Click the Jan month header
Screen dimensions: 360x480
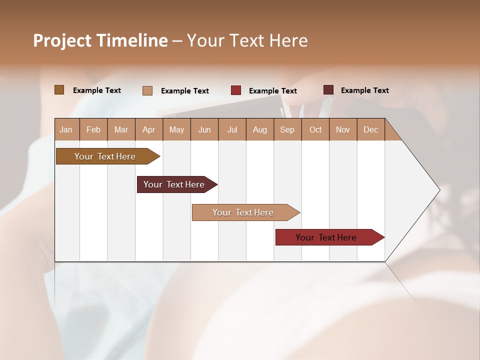coord(66,129)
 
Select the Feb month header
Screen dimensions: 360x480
coord(93,129)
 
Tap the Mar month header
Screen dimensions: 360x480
coord(121,129)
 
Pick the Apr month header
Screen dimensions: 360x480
coord(148,129)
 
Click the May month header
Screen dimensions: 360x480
coord(176,129)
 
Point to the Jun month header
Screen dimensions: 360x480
coord(204,129)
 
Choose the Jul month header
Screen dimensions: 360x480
coord(232,129)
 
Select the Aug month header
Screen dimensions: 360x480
coord(260,129)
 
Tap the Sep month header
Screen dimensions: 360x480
coord(287,129)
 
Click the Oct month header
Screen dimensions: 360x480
coord(315,129)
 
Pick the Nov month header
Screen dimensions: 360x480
coord(343,129)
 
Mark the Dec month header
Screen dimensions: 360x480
coord(370,129)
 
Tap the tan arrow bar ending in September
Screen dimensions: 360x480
coord(243,212)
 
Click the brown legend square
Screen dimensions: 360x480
coord(59,90)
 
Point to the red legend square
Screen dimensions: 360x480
coord(236,90)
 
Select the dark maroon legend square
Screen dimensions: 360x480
coord(328,90)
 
